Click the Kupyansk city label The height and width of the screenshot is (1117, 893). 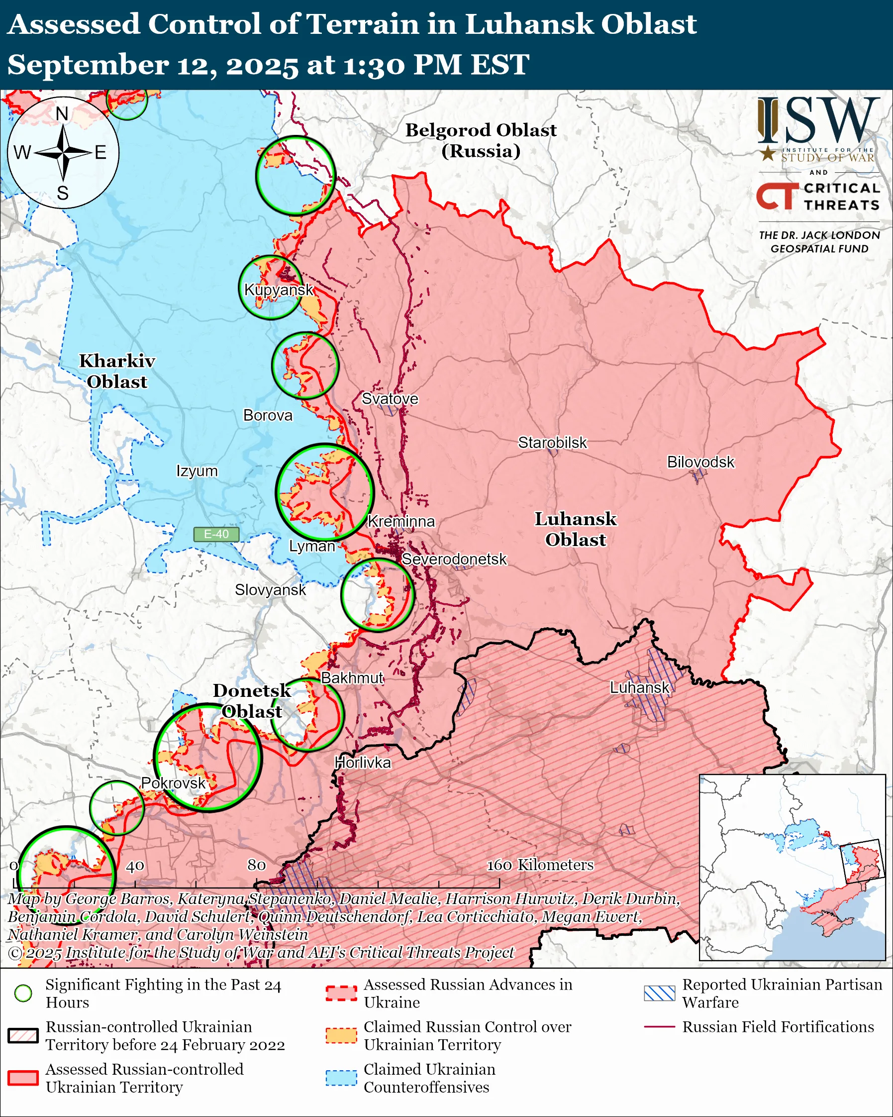[279, 290]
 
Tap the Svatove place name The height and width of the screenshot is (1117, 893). [390, 398]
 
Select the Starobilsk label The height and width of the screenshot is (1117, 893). [552, 443]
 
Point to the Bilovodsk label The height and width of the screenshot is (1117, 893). [700, 461]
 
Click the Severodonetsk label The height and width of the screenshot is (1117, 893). [454, 559]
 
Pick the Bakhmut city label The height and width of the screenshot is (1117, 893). [352, 677]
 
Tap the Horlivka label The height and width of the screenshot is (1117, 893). [362, 762]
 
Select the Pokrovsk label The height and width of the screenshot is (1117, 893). [174, 783]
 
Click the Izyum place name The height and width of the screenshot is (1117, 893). [197, 471]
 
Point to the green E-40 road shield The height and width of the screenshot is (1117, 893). [216, 534]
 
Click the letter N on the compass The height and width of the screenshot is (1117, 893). [62, 113]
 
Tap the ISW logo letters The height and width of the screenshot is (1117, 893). [818, 122]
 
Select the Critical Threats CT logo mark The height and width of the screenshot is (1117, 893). [777, 195]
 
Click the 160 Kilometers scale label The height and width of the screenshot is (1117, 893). [540, 865]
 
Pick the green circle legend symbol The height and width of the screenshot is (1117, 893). [23, 993]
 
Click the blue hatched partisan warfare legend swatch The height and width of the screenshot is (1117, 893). [660, 993]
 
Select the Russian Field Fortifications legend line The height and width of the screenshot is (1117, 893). [660, 1027]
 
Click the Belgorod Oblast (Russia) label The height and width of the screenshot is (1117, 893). [481, 140]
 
